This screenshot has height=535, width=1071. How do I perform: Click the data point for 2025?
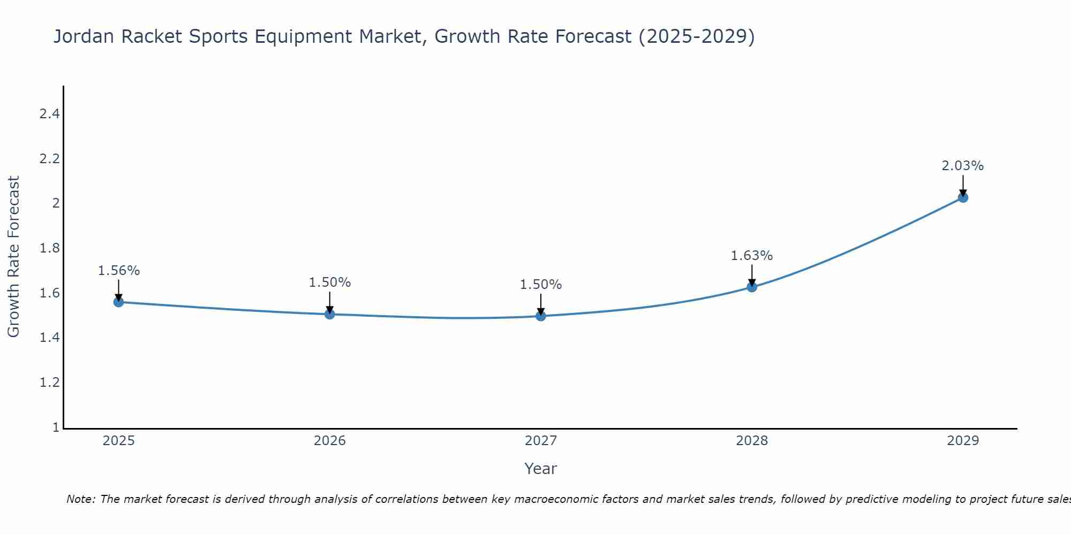click(x=118, y=302)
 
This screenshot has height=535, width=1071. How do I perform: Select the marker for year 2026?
click(x=330, y=314)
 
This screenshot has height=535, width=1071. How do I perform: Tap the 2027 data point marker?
click(x=541, y=316)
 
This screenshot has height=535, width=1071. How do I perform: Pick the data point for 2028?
click(x=752, y=287)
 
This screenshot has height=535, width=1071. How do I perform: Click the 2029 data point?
click(x=963, y=197)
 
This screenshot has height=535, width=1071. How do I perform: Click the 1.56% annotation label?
click(x=118, y=271)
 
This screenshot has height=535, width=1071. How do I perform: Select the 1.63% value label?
click(x=752, y=256)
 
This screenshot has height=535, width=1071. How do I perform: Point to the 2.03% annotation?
click(x=963, y=166)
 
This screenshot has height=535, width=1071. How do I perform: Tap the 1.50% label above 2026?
click(x=330, y=282)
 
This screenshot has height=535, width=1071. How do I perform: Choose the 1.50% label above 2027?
click(x=541, y=285)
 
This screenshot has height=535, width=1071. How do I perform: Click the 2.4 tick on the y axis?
click(x=49, y=114)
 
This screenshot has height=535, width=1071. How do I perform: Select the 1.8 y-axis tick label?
click(x=49, y=248)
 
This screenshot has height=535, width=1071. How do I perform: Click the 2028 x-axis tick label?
click(x=752, y=441)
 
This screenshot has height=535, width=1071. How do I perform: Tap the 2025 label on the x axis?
click(x=118, y=441)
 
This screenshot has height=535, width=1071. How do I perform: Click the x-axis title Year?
click(x=541, y=469)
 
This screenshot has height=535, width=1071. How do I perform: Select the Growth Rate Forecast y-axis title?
click(x=13, y=257)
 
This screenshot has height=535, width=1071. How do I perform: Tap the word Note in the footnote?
click(x=80, y=499)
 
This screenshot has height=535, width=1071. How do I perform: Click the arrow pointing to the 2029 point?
click(x=963, y=185)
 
